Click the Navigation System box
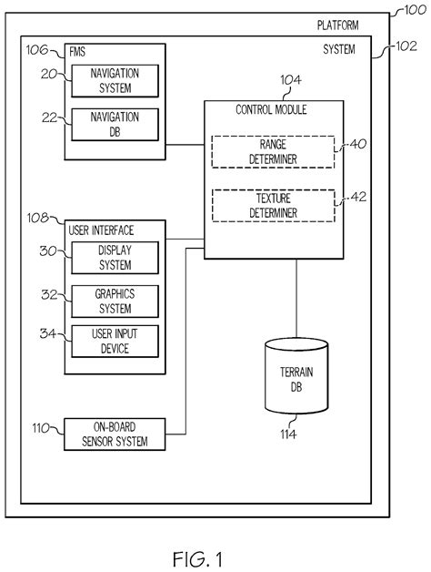point(115,81)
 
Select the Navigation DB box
point(115,124)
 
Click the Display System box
point(115,258)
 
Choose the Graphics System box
point(115,301)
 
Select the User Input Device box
point(115,342)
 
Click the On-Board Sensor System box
point(115,435)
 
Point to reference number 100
point(410,11)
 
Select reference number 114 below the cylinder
point(288,434)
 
